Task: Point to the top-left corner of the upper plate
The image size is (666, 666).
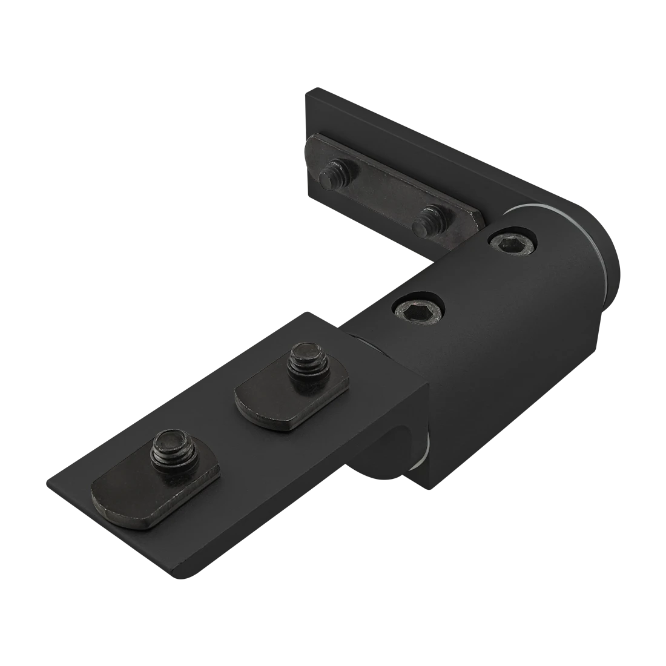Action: click(x=306, y=92)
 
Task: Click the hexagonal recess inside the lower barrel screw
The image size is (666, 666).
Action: click(x=417, y=309)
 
